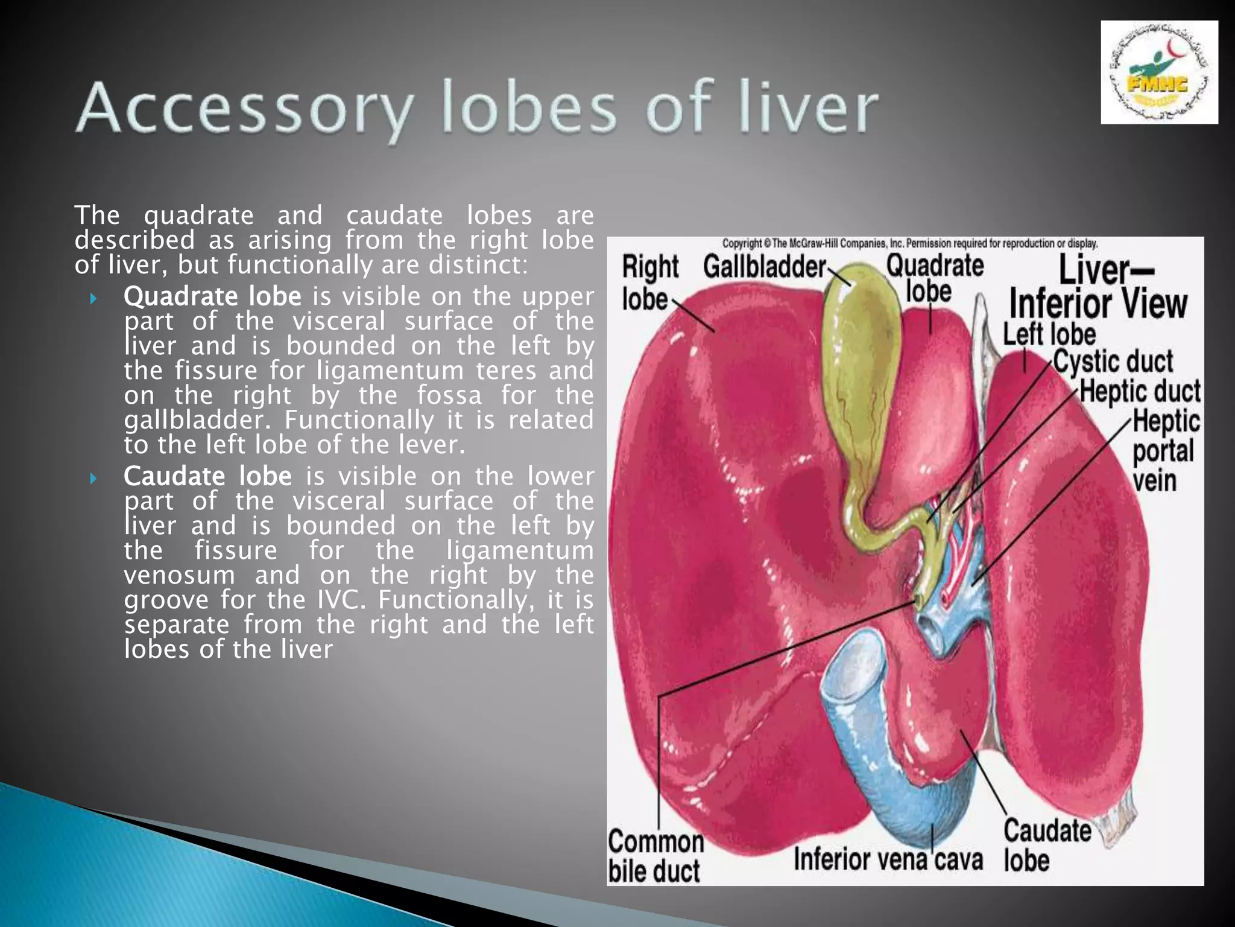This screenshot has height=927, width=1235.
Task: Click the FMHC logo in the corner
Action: [1158, 72]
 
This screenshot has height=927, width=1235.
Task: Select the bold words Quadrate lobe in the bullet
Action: [212, 296]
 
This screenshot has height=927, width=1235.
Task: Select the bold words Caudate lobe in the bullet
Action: [207, 476]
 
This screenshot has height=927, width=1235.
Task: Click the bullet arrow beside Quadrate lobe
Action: [93, 298]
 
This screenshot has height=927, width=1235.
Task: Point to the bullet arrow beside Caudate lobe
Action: [93, 479]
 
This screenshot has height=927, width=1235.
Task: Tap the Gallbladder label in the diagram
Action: [764, 267]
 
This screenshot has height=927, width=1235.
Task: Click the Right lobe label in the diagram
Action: [649, 282]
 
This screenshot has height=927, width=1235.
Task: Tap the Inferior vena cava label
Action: [888, 859]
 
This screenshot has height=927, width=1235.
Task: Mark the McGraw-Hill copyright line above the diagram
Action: [909, 244]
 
